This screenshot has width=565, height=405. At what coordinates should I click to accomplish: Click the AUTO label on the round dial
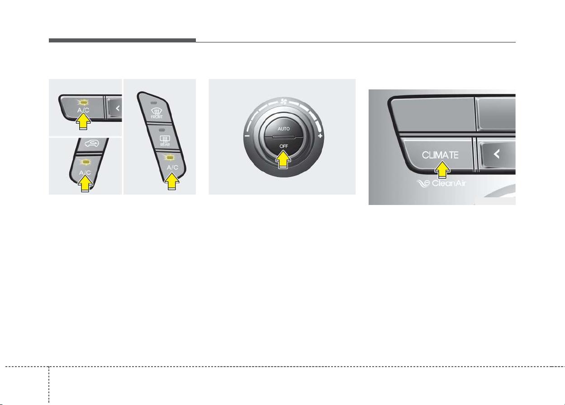coord(284,129)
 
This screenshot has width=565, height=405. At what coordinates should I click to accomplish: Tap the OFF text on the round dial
coord(284,146)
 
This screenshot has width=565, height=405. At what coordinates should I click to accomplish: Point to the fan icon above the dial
coord(284,102)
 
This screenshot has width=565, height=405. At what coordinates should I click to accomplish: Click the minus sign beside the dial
coord(247,136)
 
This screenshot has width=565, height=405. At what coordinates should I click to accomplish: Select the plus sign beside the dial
coord(320,136)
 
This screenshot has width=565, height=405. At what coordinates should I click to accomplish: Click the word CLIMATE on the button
coord(440,155)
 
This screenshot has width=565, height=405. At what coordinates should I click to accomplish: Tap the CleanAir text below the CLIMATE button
coord(449,183)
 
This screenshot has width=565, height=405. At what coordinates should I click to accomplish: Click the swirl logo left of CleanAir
coord(423,183)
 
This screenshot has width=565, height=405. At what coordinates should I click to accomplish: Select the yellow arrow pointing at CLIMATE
coord(442,170)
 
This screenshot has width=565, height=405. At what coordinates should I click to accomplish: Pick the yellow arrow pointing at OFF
coord(283,159)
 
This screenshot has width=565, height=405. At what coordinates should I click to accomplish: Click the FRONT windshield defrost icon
coord(157,113)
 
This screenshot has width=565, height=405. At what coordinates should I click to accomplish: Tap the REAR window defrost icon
coord(165,141)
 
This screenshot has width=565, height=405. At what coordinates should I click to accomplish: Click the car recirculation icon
coord(92,144)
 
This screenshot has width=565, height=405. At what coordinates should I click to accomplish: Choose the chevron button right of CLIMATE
coord(496,154)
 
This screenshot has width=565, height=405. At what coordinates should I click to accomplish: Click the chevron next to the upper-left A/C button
coord(118,108)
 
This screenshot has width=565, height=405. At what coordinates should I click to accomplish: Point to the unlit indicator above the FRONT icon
coord(154,103)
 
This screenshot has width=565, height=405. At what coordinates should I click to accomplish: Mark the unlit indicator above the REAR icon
coord(162,130)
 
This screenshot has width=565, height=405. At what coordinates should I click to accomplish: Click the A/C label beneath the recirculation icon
coord(85,172)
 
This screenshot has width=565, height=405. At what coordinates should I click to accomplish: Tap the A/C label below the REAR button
coord(172,168)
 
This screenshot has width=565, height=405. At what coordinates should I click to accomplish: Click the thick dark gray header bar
coord(122,40)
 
